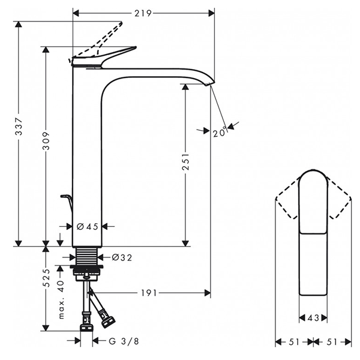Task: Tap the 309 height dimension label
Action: tap(47, 146)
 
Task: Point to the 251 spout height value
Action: tap(186, 163)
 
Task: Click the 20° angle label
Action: tap(220, 133)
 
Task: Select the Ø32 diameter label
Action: tap(122, 258)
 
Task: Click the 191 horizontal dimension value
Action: tap(149, 293)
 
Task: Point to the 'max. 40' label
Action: tap(61, 298)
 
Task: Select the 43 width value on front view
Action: tap(313, 318)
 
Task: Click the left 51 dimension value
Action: tap(294, 341)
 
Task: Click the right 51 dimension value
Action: tap(332, 341)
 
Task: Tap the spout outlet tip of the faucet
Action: tap(210, 83)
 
